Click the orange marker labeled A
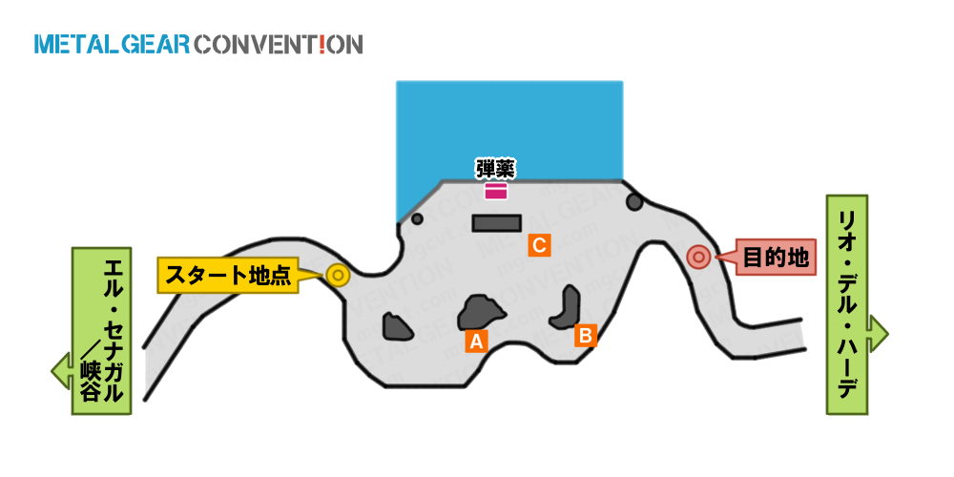(476, 342)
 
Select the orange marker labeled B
(586, 335)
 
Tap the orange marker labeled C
(539, 245)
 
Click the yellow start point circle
(337, 276)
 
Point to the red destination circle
(698, 258)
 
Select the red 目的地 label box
(776, 258)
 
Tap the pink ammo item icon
(496, 192)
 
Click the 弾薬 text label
(495, 170)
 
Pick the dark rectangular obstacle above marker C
(497, 222)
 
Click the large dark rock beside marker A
(481, 313)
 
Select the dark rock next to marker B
(567, 307)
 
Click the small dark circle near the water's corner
(417, 218)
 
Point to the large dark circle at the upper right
(634, 201)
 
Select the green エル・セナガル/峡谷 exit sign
(101, 331)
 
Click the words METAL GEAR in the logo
(113, 45)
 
